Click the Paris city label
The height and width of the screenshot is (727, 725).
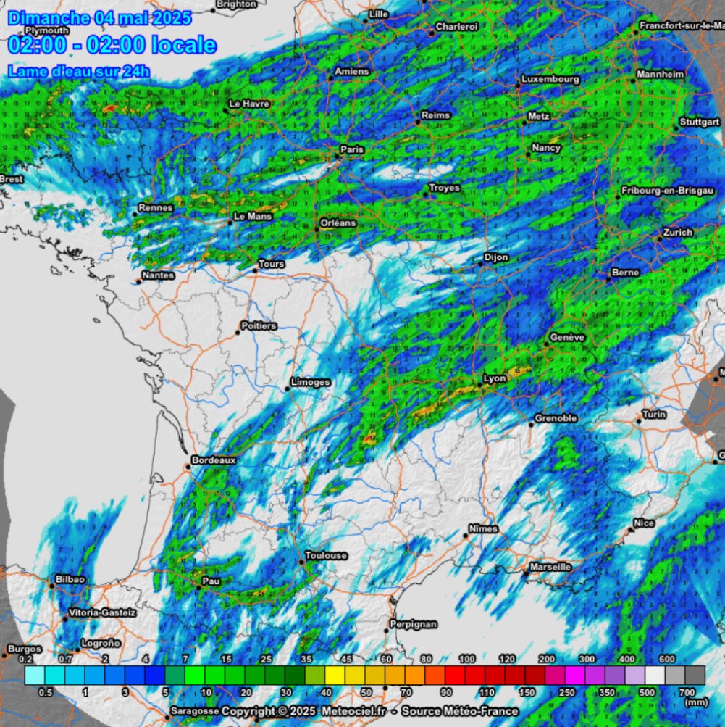(x=353, y=149)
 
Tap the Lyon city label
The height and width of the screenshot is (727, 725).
(x=495, y=378)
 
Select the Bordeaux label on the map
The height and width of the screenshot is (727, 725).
(x=214, y=460)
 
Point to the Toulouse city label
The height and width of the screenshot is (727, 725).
(x=325, y=555)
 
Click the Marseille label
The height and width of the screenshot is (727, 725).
(x=550, y=567)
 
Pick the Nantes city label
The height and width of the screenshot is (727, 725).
(x=158, y=275)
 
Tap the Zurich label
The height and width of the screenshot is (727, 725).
(x=677, y=233)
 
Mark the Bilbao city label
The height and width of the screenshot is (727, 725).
(x=70, y=579)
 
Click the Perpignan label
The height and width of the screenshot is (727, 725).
(x=413, y=623)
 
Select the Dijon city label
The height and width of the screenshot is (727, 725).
(x=496, y=257)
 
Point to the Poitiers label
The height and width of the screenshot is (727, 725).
(x=258, y=326)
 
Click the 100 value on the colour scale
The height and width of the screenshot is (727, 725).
(x=466, y=659)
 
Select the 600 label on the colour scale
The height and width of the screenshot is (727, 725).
(x=667, y=659)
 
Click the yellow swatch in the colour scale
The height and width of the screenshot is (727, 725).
(x=335, y=676)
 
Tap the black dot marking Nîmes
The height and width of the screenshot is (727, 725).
(x=466, y=536)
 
